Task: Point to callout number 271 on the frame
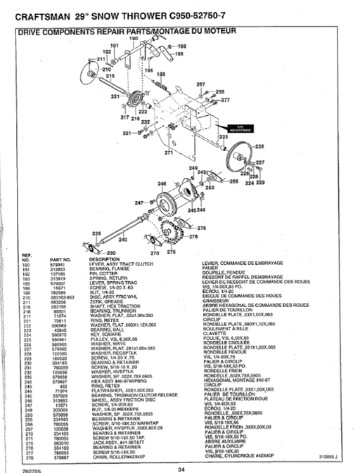click(x=169, y=151)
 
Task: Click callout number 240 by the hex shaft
click(x=124, y=239)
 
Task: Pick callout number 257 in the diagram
click(x=200, y=84)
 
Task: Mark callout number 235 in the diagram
click(x=96, y=233)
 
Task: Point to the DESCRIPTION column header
click(x=106, y=259)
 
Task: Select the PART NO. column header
click(x=62, y=259)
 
